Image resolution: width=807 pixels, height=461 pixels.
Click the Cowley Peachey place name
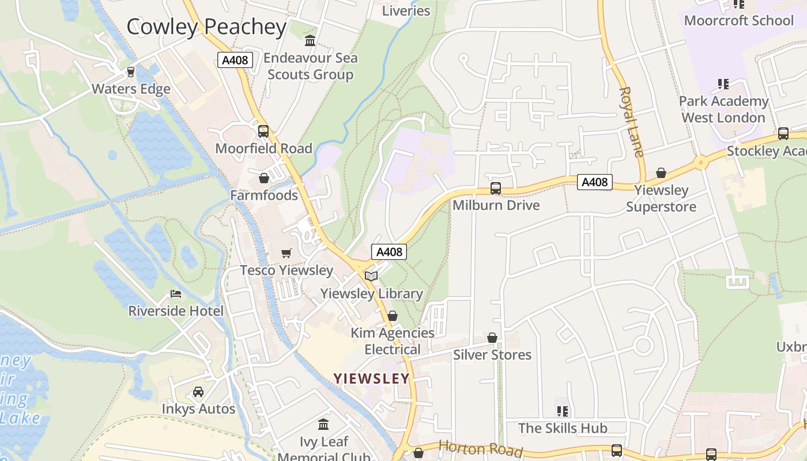point(206,27)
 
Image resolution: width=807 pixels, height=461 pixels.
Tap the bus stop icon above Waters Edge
point(131,72)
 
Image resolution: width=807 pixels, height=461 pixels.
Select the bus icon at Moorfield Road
point(263,131)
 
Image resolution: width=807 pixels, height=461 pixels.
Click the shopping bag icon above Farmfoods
point(264,178)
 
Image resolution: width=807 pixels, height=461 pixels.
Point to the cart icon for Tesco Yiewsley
point(286,253)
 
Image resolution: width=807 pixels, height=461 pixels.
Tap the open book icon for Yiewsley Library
point(371,277)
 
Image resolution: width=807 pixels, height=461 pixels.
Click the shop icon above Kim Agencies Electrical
point(393,316)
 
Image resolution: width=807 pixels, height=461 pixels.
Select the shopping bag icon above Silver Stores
point(492,338)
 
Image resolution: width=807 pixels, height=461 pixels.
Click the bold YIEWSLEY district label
point(371,379)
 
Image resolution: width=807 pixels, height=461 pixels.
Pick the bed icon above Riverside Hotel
point(176,294)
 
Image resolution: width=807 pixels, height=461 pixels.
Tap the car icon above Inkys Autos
point(198,392)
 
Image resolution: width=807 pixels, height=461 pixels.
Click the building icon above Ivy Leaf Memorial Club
point(324,425)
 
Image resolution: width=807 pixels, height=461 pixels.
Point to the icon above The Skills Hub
point(563,411)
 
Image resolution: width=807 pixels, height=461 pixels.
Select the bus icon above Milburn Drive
point(496,188)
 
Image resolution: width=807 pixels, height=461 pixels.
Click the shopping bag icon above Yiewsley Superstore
point(661,173)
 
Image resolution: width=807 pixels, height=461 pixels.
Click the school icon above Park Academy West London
point(723,84)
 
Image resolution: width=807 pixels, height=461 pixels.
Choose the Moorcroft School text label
point(738,21)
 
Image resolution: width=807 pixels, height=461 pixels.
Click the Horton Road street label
point(480,449)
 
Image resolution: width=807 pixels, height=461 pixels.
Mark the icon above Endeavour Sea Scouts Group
point(310,41)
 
